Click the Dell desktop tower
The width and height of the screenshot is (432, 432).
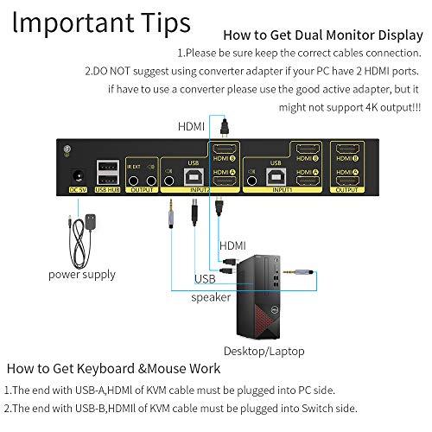[x=269, y=289]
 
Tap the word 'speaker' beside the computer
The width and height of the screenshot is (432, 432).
[x=211, y=297]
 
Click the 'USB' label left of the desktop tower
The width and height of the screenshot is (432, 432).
[x=205, y=277]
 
